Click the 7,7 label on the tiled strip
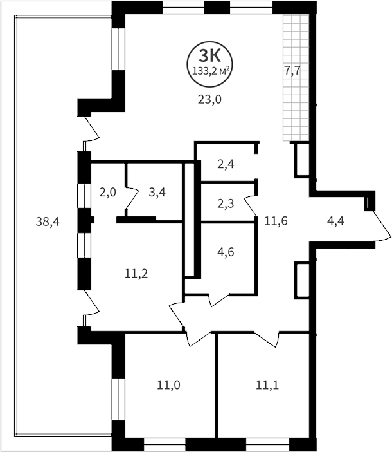click(x=293, y=71)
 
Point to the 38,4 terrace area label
click(x=48, y=222)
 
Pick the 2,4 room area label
click(x=225, y=164)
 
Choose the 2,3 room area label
click(x=225, y=204)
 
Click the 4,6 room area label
click(x=225, y=252)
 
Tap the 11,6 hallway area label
click(x=276, y=221)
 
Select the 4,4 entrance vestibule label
click(x=335, y=222)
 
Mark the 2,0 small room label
click(x=108, y=191)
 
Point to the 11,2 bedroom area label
click(x=136, y=273)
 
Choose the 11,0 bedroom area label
click(x=168, y=386)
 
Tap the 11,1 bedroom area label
click(x=267, y=386)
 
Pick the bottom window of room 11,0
click(x=165, y=444)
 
